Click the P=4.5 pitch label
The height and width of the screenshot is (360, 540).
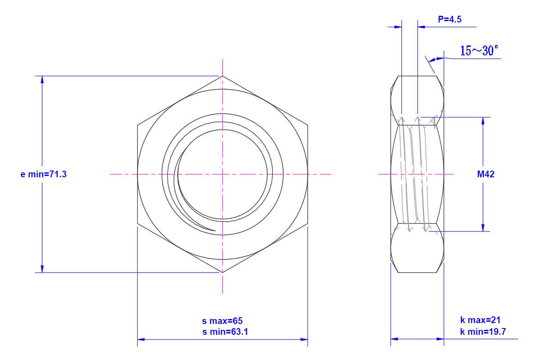(450, 19)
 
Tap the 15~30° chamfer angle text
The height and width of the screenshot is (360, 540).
(479, 51)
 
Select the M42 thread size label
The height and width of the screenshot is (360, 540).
(486, 174)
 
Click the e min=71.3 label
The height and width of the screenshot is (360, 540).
(43, 174)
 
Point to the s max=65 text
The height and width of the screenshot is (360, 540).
(222, 321)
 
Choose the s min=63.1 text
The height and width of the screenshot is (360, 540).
(225, 332)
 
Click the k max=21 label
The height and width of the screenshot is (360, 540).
(480, 320)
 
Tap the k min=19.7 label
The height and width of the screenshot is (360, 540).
(483, 332)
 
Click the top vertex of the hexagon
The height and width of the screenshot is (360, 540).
(222, 76)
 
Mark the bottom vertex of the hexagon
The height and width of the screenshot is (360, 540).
(222, 272)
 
